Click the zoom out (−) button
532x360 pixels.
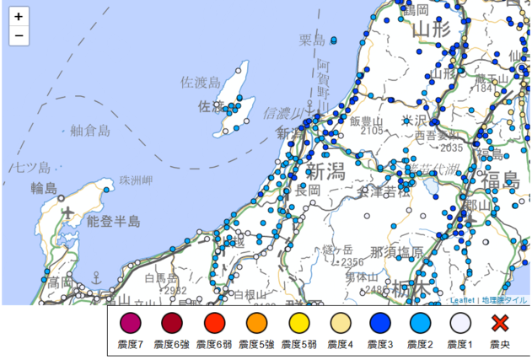pyautogui.click(x=19, y=36)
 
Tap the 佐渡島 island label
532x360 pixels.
pyautogui.click(x=201, y=82)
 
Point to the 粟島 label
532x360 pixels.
pyautogui.click(x=312, y=40)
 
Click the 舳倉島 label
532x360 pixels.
pyautogui.click(x=90, y=130)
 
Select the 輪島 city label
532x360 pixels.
pyautogui.click(x=44, y=187)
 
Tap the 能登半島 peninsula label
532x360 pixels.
pyautogui.click(x=114, y=221)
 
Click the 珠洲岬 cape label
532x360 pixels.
pyautogui.click(x=136, y=180)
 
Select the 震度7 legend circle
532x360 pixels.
pyautogui.click(x=130, y=322)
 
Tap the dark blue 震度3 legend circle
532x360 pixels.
pyautogui.click(x=379, y=322)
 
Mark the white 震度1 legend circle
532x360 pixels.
pyautogui.click(x=459, y=322)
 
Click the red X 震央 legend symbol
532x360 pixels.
pyautogui.click(x=502, y=322)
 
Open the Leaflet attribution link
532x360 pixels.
pyautogui.click(x=462, y=299)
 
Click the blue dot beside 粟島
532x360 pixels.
pyautogui.click(x=334, y=40)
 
